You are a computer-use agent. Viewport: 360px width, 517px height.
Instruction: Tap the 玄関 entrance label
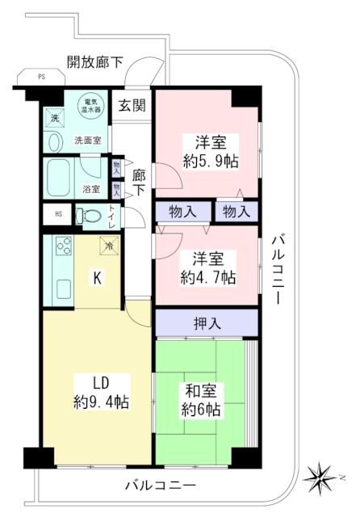pyautogui.click(x=132, y=105)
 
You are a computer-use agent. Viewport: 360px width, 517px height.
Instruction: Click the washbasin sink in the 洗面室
pyautogui.click(x=55, y=142)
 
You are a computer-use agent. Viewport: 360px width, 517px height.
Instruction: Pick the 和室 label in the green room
pyautogui.click(x=200, y=391)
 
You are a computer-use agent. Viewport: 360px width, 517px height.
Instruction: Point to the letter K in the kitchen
pyautogui.click(x=96, y=279)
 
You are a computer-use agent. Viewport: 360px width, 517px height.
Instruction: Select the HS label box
pyautogui.click(x=57, y=214)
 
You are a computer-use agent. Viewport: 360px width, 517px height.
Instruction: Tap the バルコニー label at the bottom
pyautogui.click(x=160, y=486)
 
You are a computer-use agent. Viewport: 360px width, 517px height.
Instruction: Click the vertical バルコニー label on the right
pyautogui.click(x=277, y=267)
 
